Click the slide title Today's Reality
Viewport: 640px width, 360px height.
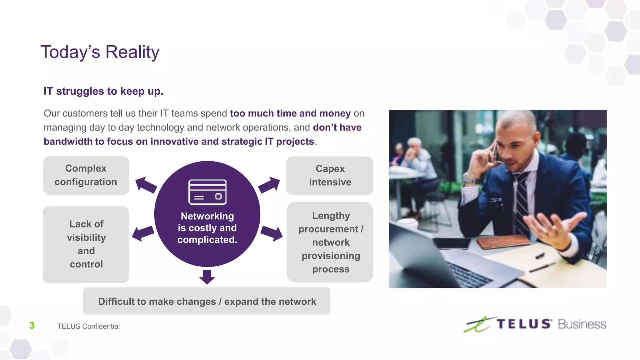(100, 52)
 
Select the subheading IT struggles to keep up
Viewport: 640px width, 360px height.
(103, 91)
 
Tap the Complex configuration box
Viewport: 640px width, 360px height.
(86, 175)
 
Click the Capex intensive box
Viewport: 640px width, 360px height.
(330, 176)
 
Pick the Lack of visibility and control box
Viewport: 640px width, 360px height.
(86, 244)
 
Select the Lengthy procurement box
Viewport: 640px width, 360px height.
(330, 242)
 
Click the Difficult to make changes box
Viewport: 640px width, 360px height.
(207, 301)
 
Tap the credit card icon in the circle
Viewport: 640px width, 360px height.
(207, 192)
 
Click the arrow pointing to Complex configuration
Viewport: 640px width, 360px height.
(146, 185)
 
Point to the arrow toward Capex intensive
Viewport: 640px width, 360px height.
(269, 185)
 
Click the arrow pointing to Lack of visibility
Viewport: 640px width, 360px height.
(143, 233)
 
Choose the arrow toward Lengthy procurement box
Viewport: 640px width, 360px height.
(271, 233)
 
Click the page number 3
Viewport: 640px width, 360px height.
(32, 326)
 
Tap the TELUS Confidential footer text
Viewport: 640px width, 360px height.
(88, 326)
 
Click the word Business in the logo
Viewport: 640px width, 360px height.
(582, 324)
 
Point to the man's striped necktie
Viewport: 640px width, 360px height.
(522, 200)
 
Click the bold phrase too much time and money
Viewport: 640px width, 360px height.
(290, 113)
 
